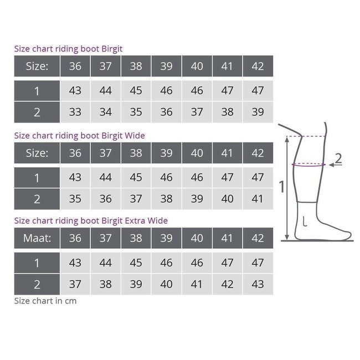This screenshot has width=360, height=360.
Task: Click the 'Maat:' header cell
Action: [x=37, y=238]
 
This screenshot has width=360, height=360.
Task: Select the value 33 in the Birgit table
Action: [x=75, y=112]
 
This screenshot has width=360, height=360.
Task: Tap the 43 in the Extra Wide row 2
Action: [x=258, y=284]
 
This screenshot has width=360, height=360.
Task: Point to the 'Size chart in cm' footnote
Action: [x=45, y=301]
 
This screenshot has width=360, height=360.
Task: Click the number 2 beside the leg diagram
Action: [x=338, y=158]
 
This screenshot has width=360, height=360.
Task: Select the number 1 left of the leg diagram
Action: [x=282, y=187]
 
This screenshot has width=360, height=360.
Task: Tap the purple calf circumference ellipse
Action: [x=308, y=166]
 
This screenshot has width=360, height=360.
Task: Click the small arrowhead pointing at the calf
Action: [x=331, y=165]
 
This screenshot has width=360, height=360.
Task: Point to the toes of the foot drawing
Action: [x=347, y=235]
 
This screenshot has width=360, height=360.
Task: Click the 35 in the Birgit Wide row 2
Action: [x=75, y=199]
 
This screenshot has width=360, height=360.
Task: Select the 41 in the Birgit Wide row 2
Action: [x=258, y=199]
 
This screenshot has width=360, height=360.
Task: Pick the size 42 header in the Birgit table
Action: [x=258, y=66]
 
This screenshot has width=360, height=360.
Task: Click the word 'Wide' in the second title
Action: [x=135, y=136]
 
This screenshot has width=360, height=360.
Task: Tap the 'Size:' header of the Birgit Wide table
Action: [x=37, y=153]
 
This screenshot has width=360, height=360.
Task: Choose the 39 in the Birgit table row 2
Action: [x=258, y=112]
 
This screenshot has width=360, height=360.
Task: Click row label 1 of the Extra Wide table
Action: [x=37, y=263]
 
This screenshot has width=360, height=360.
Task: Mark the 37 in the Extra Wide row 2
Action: [x=75, y=284]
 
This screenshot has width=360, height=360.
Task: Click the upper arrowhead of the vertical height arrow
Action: [x=287, y=139]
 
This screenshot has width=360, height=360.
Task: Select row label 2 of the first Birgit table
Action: [x=37, y=112]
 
